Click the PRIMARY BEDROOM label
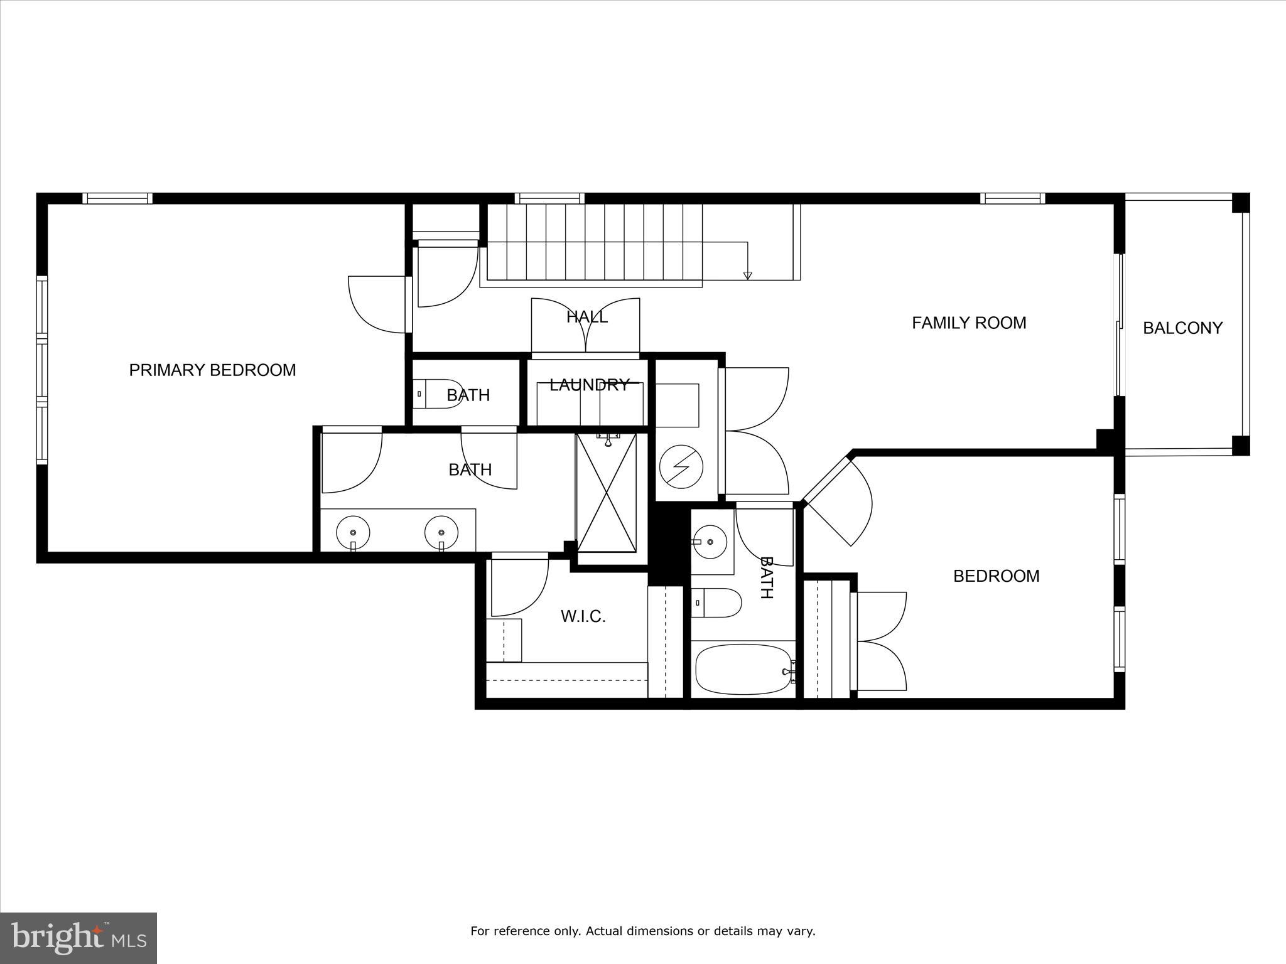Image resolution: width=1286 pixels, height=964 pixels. point(212,370)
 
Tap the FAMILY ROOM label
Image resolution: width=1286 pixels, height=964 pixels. point(968,323)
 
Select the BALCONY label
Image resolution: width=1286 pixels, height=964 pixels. point(1182,328)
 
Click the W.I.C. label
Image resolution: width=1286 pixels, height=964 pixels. point(583,616)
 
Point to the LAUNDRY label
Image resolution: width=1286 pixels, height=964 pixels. point(588,385)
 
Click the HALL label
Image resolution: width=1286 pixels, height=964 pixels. point(586,317)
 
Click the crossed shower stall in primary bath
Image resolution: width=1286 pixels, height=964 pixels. point(606,493)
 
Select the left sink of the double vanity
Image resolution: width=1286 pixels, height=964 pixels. point(353,532)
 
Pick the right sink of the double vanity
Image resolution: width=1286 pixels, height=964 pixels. point(441,532)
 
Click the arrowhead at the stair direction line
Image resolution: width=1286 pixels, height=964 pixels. point(747,276)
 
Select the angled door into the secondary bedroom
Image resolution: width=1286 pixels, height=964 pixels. point(838,502)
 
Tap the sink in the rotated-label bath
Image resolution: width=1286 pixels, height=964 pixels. point(710,541)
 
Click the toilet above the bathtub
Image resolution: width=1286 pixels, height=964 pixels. point(716,602)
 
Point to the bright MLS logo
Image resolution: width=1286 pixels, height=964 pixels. point(78,938)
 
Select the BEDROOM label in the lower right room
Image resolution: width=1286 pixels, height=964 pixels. point(996,576)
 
